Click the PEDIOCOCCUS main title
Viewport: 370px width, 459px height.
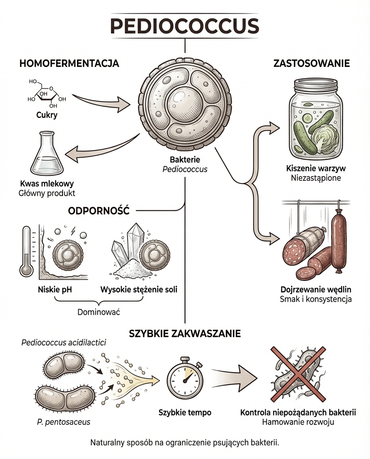(185, 25)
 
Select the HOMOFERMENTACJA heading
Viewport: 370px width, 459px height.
(69, 63)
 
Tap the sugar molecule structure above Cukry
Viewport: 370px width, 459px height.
(45, 94)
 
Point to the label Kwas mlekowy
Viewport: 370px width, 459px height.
(47, 184)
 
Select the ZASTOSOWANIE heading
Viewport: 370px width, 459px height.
(311, 63)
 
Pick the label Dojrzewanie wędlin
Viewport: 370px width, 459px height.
(316, 290)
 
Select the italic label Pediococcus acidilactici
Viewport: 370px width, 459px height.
(64, 343)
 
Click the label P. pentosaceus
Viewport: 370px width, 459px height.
(61, 422)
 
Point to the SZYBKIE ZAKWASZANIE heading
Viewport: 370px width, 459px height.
(185, 333)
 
